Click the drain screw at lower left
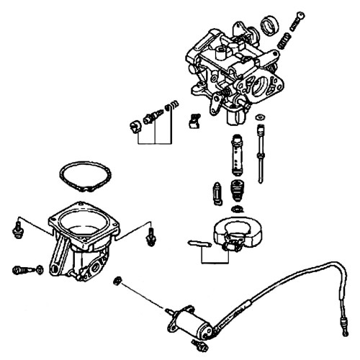click(23, 270)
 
